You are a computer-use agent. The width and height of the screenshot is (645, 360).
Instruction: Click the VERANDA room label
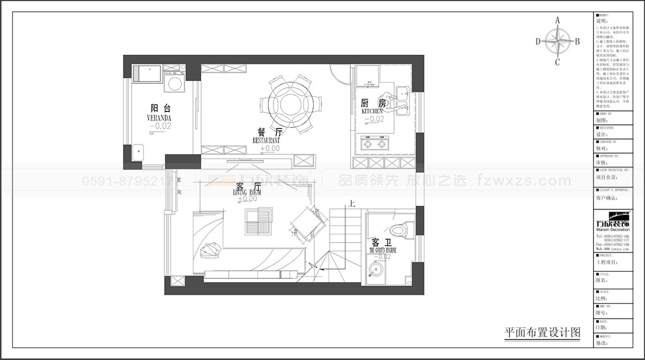(x=159, y=118)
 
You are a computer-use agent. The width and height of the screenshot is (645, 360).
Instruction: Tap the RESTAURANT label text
(x=266, y=141)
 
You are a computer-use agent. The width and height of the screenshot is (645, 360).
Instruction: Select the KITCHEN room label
(x=372, y=111)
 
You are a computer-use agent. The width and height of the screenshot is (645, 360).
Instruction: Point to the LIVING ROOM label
(x=247, y=192)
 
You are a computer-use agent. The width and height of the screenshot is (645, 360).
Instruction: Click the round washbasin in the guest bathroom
(x=378, y=271)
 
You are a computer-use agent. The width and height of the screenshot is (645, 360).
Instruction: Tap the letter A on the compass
(x=557, y=20)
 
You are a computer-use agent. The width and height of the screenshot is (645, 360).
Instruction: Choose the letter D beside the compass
(x=538, y=41)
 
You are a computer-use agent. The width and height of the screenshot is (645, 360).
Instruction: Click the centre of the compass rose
(x=557, y=41)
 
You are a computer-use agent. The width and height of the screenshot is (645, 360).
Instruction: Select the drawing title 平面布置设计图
(x=542, y=332)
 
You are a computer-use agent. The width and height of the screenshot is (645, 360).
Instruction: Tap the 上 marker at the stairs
(x=351, y=204)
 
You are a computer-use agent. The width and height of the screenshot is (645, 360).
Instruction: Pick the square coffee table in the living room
(x=259, y=222)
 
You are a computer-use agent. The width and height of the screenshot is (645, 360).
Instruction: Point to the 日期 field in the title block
(x=601, y=327)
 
